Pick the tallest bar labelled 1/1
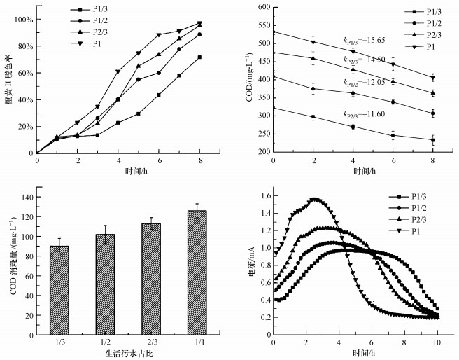point(197,274)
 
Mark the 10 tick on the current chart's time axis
point(438,343)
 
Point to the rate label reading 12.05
point(362,83)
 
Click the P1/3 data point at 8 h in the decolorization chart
point(199,57)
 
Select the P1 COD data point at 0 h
point(273,32)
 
